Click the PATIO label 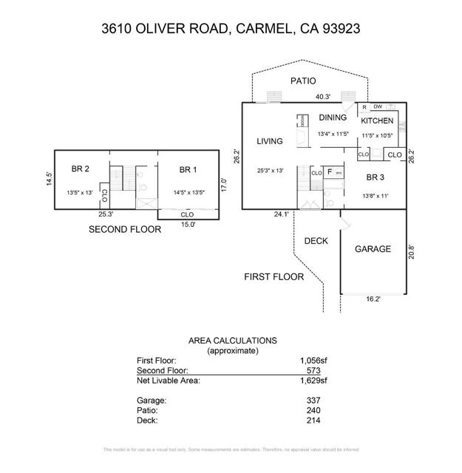[303, 81]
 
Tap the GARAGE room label [373, 249]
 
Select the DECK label [316, 241]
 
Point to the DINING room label [333, 118]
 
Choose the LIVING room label [271, 141]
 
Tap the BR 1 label [188, 170]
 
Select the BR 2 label [81, 170]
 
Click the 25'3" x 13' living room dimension [271, 171]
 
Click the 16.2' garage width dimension [373, 301]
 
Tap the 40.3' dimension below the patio [322, 97]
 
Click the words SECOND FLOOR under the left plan [125, 229]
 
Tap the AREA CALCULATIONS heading [233, 341]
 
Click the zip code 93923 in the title [339, 30]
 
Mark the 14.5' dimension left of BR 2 [49, 180]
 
